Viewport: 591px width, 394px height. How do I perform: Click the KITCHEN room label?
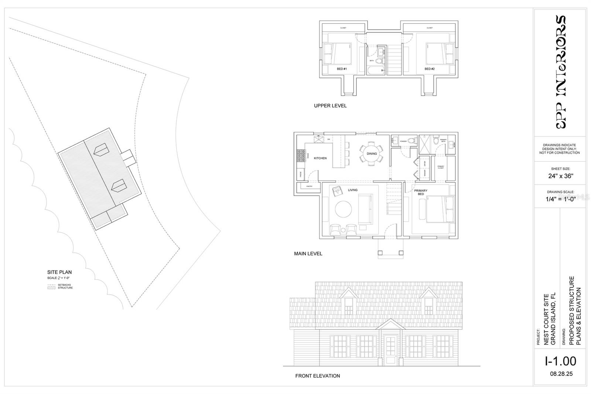[x=320, y=158]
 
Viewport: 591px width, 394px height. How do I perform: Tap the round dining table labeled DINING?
[x=372, y=154]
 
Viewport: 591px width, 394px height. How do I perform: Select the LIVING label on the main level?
[x=352, y=190]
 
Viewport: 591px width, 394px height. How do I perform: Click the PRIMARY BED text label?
[x=421, y=192]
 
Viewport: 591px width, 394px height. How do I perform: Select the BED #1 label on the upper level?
[x=342, y=69]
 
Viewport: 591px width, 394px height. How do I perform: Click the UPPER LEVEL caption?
[x=330, y=106]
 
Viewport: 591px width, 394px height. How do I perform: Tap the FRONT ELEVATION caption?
[x=317, y=376]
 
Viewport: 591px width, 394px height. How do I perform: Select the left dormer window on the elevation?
[x=349, y=306]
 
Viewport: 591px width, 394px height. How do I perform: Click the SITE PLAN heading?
[x=59, y=272]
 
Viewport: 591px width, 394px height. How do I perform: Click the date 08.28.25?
[x=561, y=374]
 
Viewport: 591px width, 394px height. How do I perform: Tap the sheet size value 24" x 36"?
[x=560, y=176]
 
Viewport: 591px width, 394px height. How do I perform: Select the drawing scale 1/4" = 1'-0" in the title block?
[x=560, y=199]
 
